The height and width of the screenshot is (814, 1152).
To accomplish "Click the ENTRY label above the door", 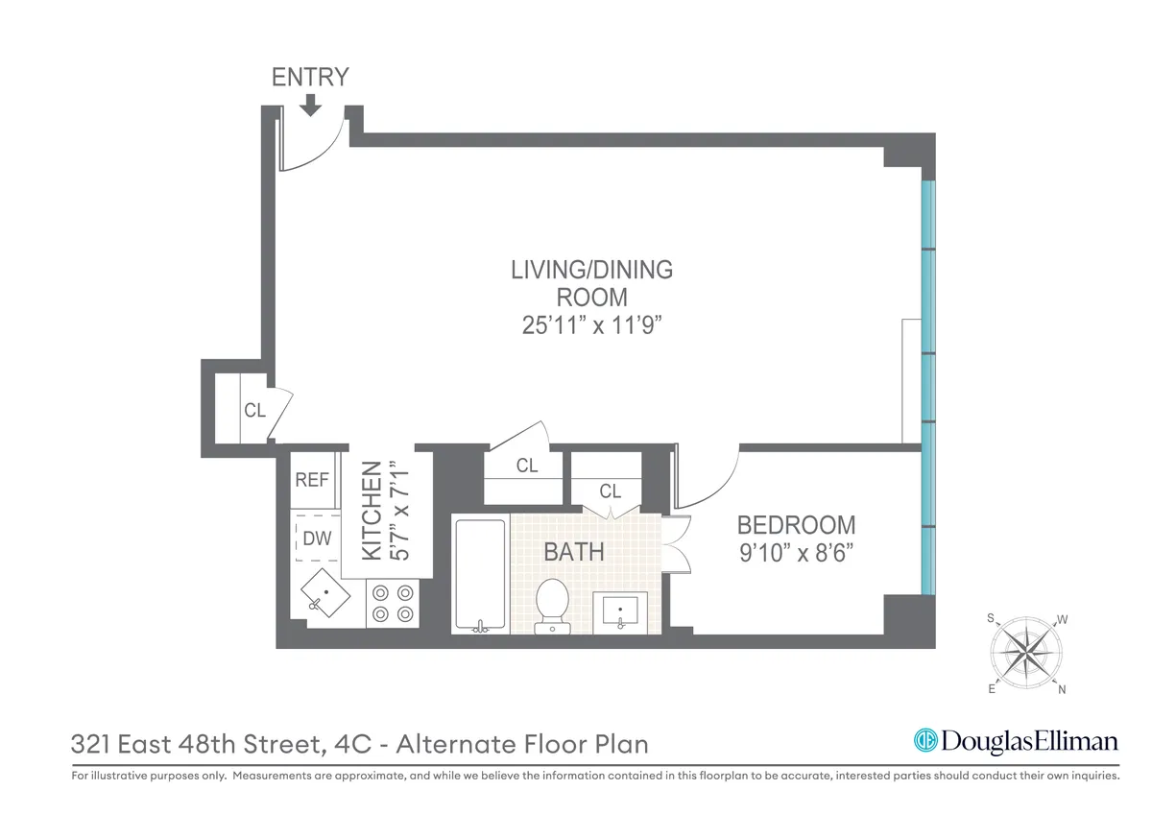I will coord(309,78).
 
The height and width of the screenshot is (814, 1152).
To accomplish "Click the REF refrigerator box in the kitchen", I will coord(312,480).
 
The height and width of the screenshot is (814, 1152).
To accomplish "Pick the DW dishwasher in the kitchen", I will coord(316,539).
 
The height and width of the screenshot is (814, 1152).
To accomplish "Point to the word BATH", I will coord(573,552).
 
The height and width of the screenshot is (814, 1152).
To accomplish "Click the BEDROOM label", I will coord(796,525).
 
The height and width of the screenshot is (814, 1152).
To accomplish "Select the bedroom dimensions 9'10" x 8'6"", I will coord(796,554).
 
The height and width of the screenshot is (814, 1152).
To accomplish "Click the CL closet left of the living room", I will coord(253,411).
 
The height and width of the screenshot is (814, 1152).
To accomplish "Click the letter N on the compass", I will coord(1062,689).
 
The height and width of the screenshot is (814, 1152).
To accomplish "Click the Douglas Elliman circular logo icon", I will coord(924,741).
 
